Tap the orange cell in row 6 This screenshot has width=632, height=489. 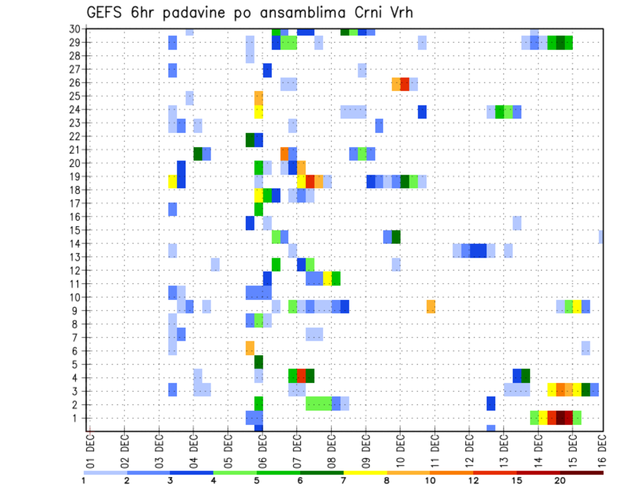[x=250, y=348]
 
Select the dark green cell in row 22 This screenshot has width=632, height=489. [x=250, y=140]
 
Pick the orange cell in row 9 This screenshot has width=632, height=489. [x=431, y=306]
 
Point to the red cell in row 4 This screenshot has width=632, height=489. [x=302, y=376]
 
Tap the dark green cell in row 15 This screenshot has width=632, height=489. [x=396, y=237]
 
